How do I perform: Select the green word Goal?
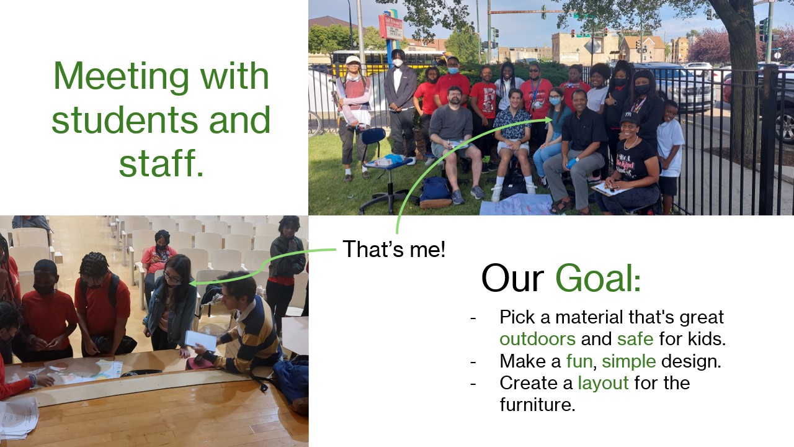tap(598, 278)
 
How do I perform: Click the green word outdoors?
tap(537, 339)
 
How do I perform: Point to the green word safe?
tap(635, 339)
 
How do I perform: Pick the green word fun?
tap(579, 361)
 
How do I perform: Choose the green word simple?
tap(629, 362)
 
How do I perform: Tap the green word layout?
tap(604, 384)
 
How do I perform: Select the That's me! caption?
tap(394, 249)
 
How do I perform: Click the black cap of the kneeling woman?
tap(629, 117)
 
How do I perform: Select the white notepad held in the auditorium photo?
tap(200, 340)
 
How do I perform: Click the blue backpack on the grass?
tap(435, 192)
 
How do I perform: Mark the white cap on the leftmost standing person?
tap(352, 60)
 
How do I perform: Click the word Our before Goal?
tap(512, 278)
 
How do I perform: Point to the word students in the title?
tap(124, 119)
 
